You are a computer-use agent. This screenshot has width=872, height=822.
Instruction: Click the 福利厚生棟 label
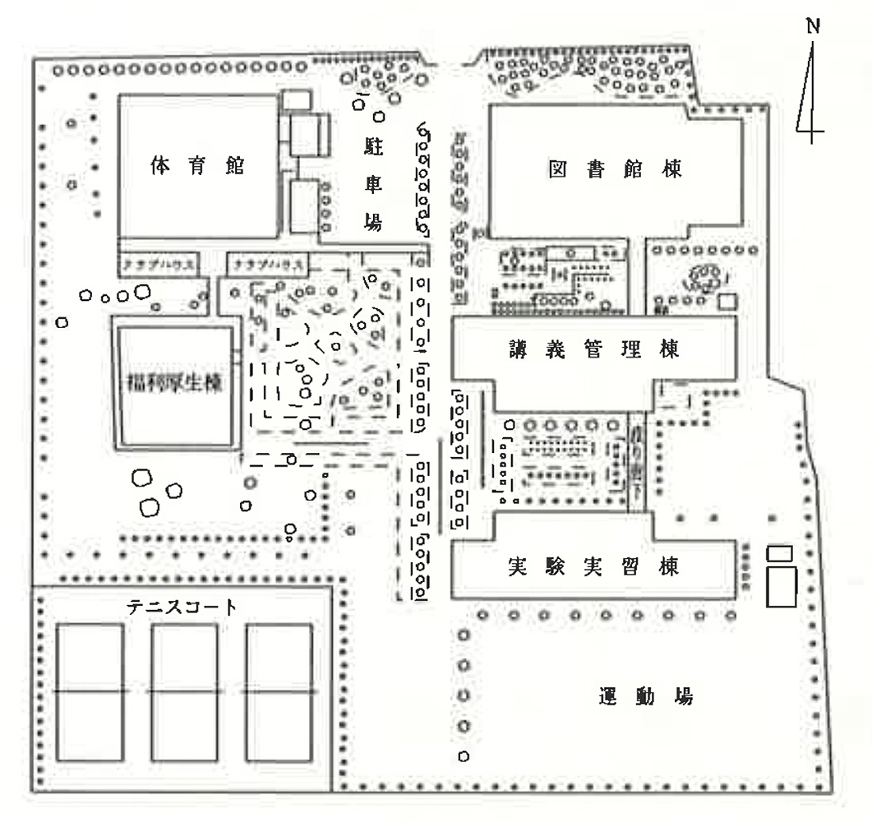click(x=173, y=383)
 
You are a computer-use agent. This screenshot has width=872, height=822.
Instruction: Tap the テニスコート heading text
click(x=182, y=607)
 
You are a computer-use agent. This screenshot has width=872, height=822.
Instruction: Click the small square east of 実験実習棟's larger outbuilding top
click(x=778, y=553)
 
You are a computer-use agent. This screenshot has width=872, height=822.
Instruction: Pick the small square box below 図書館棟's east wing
click(x=727, y=300)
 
